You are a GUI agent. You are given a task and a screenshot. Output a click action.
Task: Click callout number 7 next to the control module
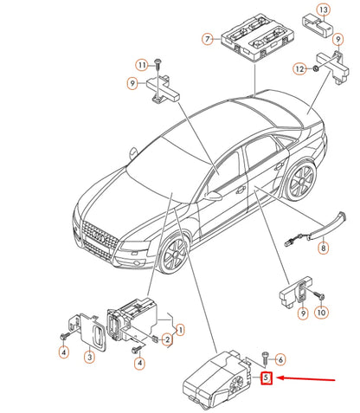click(207, 39)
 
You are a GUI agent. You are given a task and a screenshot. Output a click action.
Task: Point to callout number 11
click(140, 65)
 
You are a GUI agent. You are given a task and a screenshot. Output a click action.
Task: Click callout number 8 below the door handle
click(324, 248)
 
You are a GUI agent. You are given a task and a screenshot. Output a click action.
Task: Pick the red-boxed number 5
click(267, 378)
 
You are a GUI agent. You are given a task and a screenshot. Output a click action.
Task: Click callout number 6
click(280, 358)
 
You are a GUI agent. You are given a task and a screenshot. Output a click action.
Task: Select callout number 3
click(89, 356)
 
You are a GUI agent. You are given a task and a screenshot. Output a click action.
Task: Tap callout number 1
click(180, 329)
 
